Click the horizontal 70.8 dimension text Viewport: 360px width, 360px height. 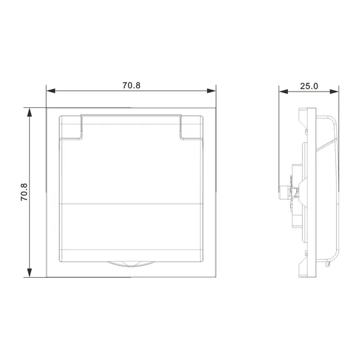[131, 85]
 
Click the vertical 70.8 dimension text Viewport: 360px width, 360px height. [24, 192]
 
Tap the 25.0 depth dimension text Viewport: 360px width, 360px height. [309, 86]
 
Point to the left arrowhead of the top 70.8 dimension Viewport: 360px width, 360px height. [51, 91]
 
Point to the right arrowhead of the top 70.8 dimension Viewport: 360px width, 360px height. [211, 91]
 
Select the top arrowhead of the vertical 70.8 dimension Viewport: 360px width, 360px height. [30, 112]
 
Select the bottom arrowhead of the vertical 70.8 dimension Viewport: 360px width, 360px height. [30, 273]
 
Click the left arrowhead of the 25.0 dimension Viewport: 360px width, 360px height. [284, 92]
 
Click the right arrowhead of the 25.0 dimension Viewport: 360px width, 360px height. [334, 92]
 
